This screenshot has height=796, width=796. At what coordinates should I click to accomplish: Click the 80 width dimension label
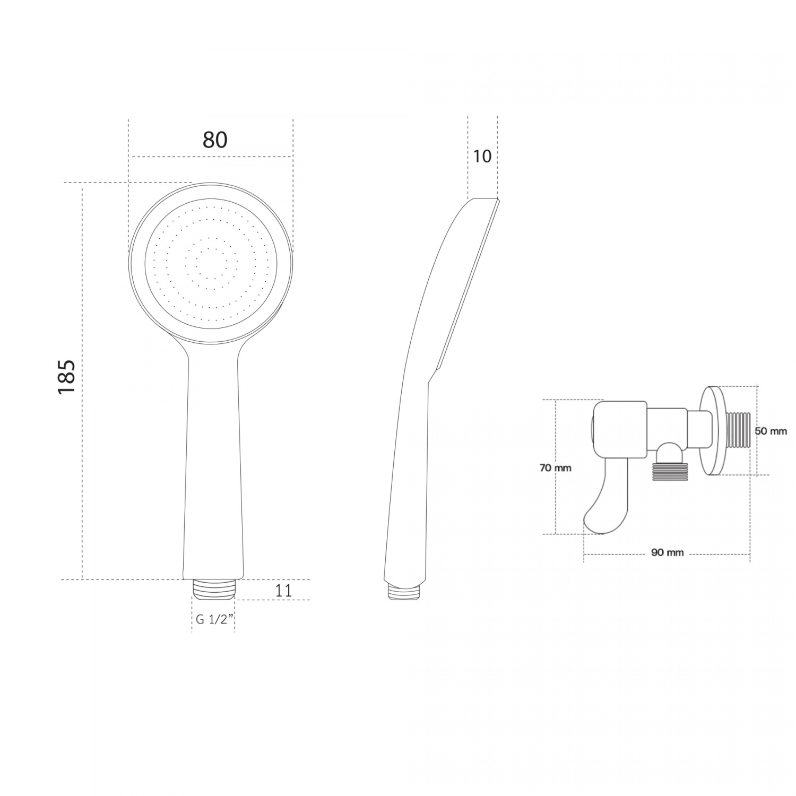(x=215, y=140)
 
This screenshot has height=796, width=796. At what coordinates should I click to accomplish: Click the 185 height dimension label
(x=67, y=377)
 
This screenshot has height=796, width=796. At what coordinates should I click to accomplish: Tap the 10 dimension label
(x=482, y=157)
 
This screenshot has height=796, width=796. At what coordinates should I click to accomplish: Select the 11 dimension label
(x=284, y=590)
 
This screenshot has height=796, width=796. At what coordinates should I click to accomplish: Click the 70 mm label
(x=556, y=468)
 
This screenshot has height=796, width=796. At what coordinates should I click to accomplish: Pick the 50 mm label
(x=771, y=431)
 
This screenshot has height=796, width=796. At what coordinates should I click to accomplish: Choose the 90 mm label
(x=667, y=552)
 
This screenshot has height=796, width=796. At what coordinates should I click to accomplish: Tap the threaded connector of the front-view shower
(x=213, y=589)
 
